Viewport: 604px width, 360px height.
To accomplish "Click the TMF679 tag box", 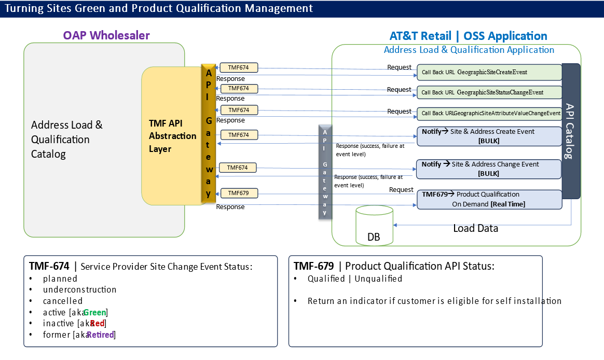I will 239,193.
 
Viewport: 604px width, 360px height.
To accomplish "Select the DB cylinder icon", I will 375,227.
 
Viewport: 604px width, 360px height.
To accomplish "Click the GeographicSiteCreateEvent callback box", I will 489,72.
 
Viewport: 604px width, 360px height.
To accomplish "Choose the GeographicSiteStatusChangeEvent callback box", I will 489,92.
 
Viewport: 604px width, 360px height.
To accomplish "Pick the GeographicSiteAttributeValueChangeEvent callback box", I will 489,113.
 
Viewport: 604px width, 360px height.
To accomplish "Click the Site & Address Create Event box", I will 489,136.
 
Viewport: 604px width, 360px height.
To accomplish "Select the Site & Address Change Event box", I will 489,169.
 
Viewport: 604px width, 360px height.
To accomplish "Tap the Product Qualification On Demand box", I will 489,199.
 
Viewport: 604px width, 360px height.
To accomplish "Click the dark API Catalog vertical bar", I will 571,131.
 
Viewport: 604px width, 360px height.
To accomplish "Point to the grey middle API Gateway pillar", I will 325,171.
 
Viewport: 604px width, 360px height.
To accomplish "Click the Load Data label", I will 475,228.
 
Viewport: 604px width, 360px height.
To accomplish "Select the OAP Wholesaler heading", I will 106,35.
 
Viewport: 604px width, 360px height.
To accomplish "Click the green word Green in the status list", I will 94,312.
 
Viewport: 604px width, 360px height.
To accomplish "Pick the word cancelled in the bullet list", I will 63,301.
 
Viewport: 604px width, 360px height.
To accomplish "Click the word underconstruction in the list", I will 79,289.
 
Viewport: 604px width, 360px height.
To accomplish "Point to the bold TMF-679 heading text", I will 313,266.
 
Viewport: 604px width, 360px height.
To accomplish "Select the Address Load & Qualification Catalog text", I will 66,140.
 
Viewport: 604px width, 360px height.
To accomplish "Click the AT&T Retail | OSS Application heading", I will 468,36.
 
